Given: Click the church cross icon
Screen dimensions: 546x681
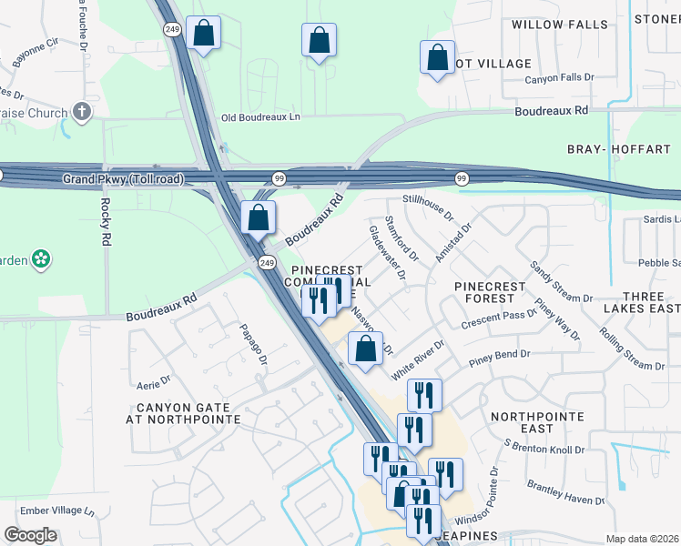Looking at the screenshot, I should coord(82,113).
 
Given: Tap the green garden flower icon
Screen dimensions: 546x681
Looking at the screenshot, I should coord(40,260).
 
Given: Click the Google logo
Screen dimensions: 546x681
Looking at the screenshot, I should coord(30,535).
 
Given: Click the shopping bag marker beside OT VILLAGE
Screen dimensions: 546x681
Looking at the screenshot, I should coord(437,58).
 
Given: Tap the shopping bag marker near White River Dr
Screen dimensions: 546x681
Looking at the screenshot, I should coord(365,349).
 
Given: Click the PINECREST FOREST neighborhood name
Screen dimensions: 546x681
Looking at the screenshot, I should coord(490,292).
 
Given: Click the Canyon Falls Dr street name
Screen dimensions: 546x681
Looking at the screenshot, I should coord(559,79).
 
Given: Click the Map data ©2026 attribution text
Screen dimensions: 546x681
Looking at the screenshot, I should coord(643,538).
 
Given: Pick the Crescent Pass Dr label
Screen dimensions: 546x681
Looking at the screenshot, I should coord(499,319).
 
